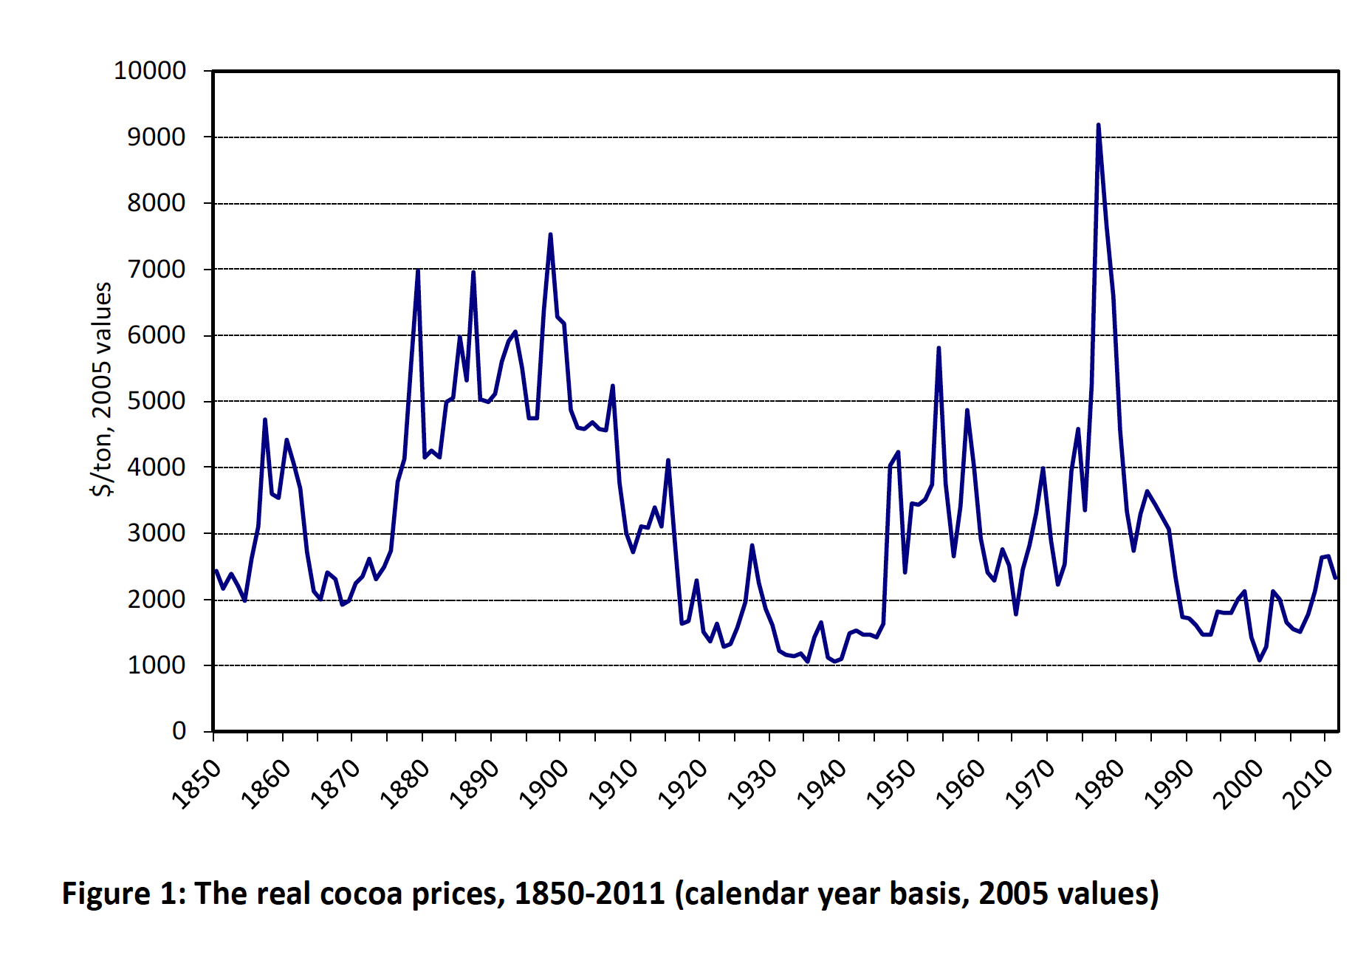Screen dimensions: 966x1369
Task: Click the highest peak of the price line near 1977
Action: pyautogui.click(x=1098, y=126)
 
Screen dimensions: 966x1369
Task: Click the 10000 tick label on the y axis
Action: pyautogui.click(x=149, y=71)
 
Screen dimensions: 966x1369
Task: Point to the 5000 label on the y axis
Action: pyautogui.click(x=156, y=401)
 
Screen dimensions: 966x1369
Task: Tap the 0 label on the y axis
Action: pyautogui.click(x=179, y=731)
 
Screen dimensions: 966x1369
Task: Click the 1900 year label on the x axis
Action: pyautogui.click(x=544, y=784)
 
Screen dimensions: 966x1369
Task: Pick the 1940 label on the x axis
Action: pyautogui.click(x=822, y=784)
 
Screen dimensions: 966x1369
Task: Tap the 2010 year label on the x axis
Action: pyautogui.click(x=1308, y=784)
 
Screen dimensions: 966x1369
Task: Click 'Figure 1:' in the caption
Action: pyautogui.click(x=123, y=894)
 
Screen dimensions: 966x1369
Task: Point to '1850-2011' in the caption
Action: pyautogui.click(x=589, y=894)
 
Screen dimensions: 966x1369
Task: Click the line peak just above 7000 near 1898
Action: pyautogui.click(x=550, y=235)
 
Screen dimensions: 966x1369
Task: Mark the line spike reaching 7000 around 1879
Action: pyautogui.click(x=418, y=270)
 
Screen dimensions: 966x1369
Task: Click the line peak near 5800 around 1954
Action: pyautogui.click(x=939, y=348)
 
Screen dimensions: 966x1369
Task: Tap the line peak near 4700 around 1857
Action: pyautogui.click(x=264, y=419)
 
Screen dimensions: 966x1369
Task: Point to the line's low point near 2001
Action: pyautogui.click(x=1260, y=660)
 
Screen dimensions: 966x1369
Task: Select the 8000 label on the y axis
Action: pyautogui.click(x=156, y=203)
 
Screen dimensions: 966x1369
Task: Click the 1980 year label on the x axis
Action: pyautogui.click(x=1099, y=784)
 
